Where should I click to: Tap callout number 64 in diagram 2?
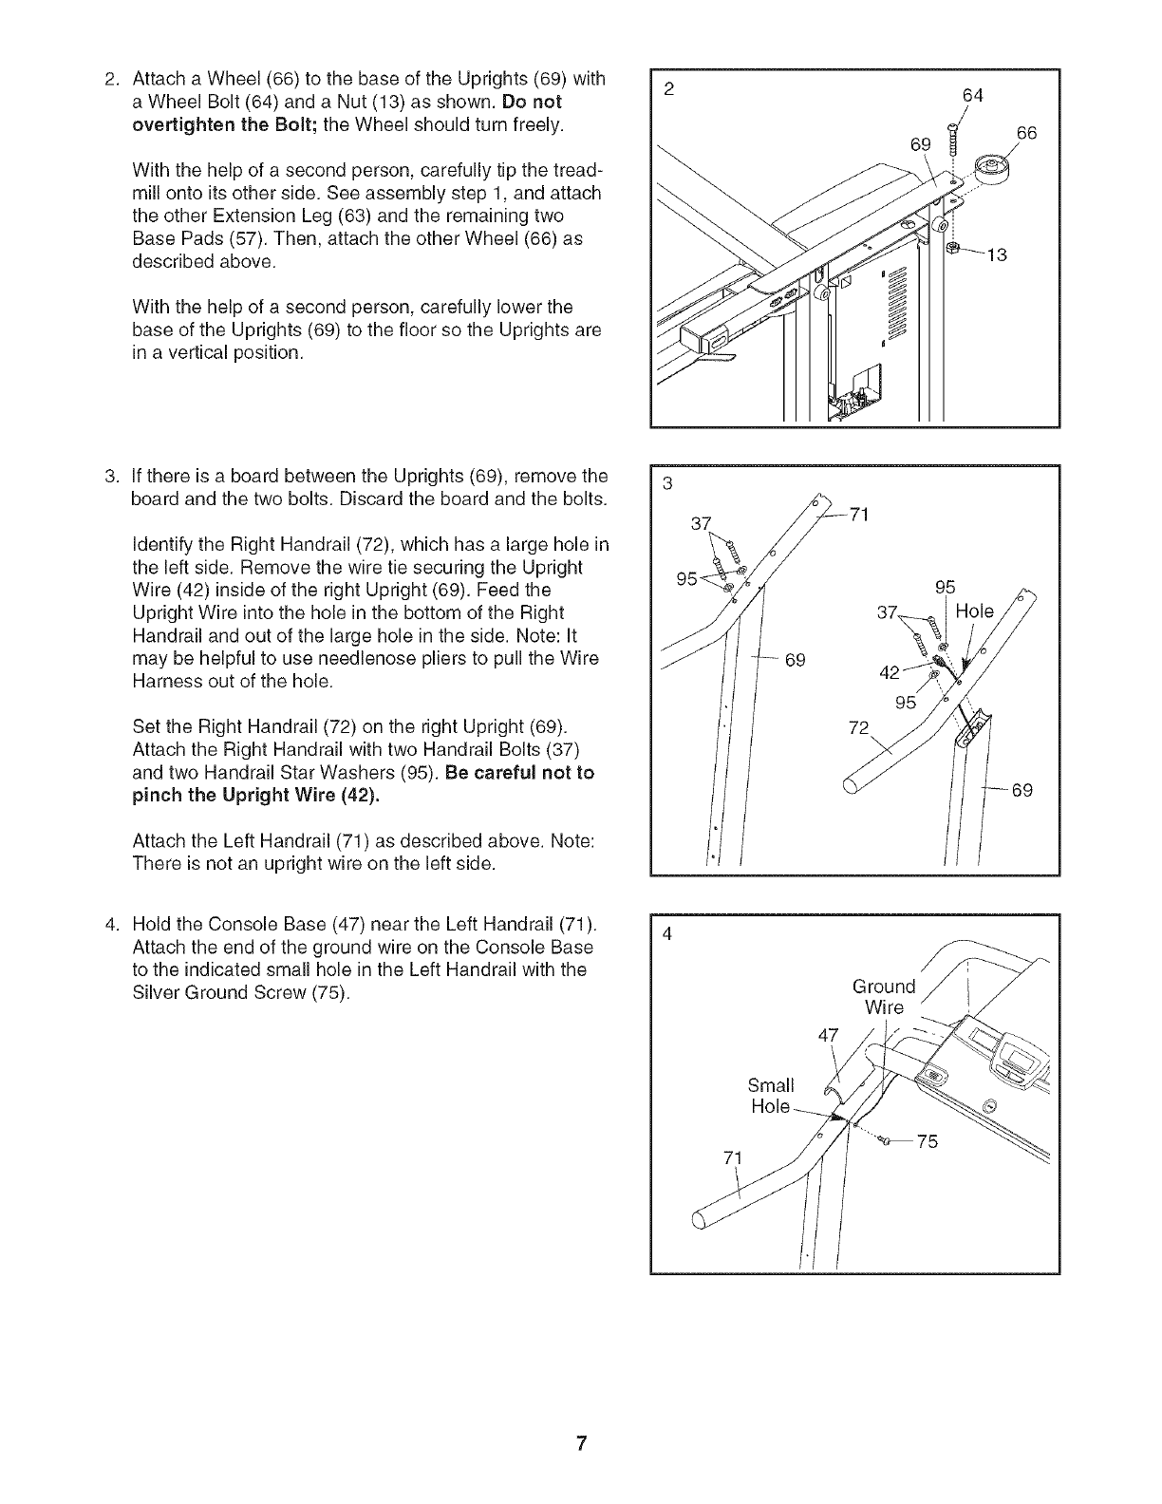pos(972,96)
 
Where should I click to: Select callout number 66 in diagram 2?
pos(1027,134)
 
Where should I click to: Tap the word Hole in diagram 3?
pos(975,611)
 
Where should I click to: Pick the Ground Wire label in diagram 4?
pos(884,997)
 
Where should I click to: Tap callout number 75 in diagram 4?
pos(927,1142)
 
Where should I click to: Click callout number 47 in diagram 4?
pos(829,1035)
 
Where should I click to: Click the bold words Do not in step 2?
pos(535,102)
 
